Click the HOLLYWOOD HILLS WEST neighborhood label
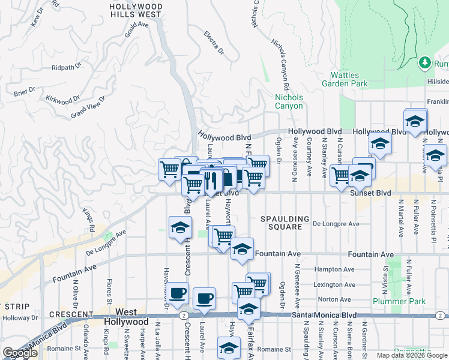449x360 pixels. click(136, 9)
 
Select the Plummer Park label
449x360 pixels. click(399, 301)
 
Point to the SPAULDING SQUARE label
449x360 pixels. click(285, 223)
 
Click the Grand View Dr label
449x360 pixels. click(88, 107)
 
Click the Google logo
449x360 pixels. click(20, 353)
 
